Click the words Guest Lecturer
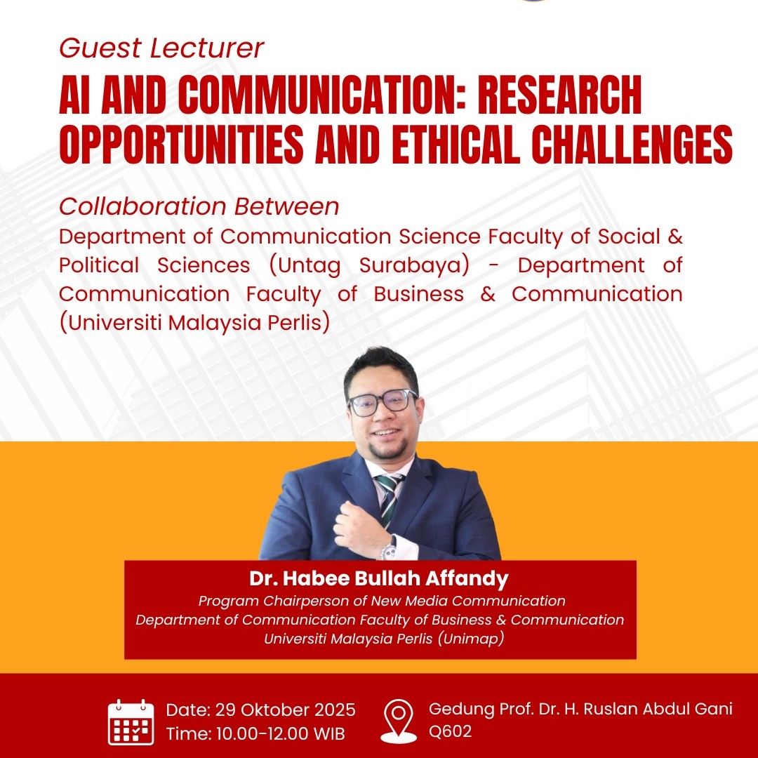tap(161, 48)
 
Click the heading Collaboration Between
tap(199, 207)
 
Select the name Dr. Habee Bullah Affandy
tap(380, 580)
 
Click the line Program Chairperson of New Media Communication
tap(382, 601)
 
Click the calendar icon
tap(131, 722)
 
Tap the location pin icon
tap(399, 720)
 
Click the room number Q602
tap(450, 731)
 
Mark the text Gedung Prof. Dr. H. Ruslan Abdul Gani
tap(580, 709)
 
